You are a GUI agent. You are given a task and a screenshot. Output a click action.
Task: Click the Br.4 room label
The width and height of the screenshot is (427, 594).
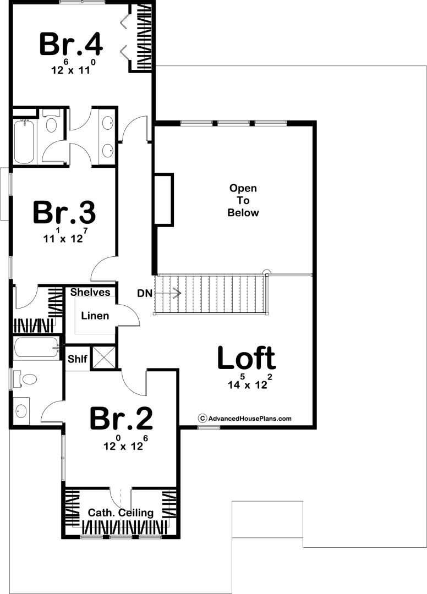[x=70, y=45]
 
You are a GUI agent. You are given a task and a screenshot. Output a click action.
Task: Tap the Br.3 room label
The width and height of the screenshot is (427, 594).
[x=64, y=212]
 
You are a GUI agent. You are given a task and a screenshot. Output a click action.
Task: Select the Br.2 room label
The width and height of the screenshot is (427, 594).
[x=121, y=419]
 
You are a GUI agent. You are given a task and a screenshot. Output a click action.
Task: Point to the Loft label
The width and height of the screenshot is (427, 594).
[x=247, y=358]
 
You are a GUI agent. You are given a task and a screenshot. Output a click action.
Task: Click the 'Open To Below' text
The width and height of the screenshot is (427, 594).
[x=243, y=200]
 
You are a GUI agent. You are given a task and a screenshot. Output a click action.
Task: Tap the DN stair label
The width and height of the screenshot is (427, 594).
[x=145, y=293]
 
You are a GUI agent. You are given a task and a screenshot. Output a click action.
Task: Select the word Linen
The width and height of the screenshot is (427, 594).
[x=95, y=316]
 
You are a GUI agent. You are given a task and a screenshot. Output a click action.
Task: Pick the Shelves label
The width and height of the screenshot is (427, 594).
[x=90, y=292]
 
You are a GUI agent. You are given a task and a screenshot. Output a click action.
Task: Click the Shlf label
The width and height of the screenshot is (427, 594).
[x=77, y=359]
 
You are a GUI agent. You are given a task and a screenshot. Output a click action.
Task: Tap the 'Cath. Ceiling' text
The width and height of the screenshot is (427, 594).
[x=121, y=513]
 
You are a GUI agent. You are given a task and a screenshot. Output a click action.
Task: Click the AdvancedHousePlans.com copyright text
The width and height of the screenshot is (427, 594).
[x=245, y=418]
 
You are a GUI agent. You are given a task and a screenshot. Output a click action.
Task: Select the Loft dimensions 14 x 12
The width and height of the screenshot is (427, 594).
[x=250, y=382]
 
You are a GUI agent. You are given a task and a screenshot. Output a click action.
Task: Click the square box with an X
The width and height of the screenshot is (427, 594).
[x=104, y=357]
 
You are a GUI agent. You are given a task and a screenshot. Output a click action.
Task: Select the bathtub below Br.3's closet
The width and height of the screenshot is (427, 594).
[x=37, y=347]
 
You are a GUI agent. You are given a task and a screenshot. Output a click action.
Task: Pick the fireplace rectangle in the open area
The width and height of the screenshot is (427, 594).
[x=163, y=200]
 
